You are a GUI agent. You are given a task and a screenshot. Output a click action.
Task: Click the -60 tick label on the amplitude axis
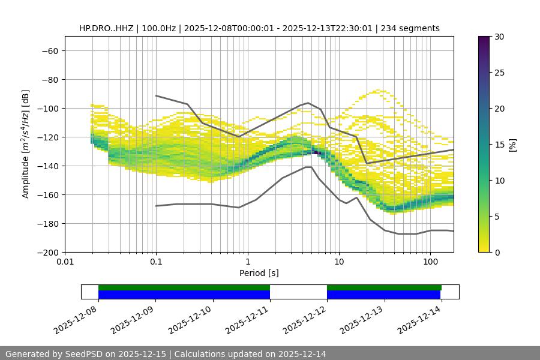click(x=49, y=50)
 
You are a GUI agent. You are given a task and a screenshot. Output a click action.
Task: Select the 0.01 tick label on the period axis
click(x=65, y=262)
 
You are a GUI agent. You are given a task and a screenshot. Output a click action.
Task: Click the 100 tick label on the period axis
click(x=430, y=262)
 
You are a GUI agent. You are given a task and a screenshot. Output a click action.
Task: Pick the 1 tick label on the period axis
click(x=247, y=262)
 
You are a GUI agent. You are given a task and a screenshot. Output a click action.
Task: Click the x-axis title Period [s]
click(x=259, y=273)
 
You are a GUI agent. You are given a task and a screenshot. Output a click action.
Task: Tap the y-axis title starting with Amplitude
click(x=26, y=144)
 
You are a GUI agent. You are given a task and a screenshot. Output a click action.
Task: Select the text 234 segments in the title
click(x=414, y=28)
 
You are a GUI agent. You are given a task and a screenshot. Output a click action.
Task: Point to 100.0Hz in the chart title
click(x=158, y=28)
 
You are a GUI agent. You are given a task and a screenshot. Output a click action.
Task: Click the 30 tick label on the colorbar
click(x=499, y=37)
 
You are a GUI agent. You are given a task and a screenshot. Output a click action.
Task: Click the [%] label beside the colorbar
click(x=512, y=144)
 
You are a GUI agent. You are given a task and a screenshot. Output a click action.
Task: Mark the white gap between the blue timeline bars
click(x=298, y=292)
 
